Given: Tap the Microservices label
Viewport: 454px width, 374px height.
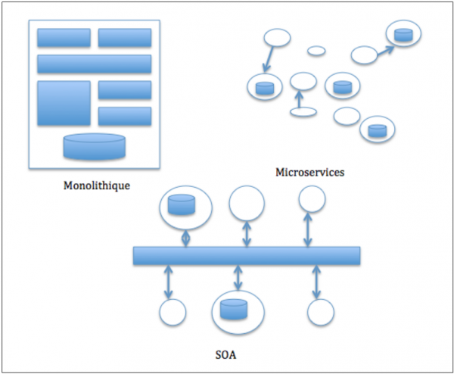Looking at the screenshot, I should (309, 173).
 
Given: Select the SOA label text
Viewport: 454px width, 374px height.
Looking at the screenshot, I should (226, 354).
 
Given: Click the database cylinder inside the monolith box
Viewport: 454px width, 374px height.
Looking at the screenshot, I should (95, 146).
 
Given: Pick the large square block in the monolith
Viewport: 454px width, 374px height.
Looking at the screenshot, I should (64, 103).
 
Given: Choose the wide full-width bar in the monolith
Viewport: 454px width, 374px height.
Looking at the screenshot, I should (95, 64).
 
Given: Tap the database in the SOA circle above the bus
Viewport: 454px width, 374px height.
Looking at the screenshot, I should (181, 204).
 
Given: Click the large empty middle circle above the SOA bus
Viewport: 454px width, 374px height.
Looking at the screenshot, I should (247, 203).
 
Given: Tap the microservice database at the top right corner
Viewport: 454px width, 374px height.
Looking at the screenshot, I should (403, 34).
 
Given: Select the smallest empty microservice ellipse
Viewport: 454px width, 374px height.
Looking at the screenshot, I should (316, 51).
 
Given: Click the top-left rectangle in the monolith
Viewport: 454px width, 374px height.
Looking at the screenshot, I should (64, 38).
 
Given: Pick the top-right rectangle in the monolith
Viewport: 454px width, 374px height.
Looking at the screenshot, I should (125, 38).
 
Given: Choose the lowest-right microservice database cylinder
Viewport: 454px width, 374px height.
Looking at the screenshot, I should (376, 130).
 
